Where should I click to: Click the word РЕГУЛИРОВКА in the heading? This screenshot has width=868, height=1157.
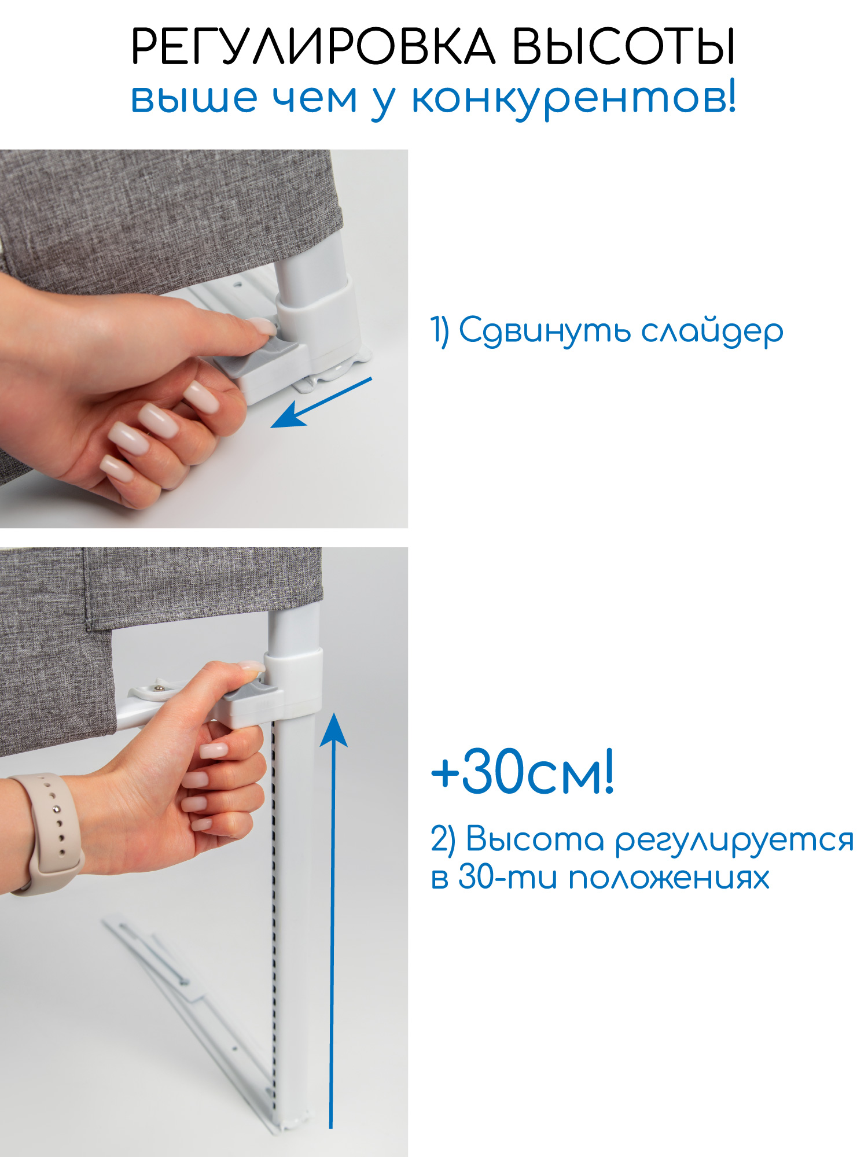pos(313,46)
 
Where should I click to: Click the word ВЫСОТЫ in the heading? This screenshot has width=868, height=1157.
pos(624,46)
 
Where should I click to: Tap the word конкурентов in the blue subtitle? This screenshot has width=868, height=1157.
pos(573,98)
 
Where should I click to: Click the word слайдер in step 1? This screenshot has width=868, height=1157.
pos(712,332)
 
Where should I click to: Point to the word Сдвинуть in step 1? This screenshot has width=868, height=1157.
pos(544,332)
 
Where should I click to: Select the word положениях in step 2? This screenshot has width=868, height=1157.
pos(668,878)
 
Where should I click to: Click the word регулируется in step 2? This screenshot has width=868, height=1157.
pos(734,841)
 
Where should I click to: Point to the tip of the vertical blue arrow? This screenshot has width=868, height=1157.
pos(334,717)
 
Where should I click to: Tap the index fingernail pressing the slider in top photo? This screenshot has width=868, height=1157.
pos(263,326)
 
